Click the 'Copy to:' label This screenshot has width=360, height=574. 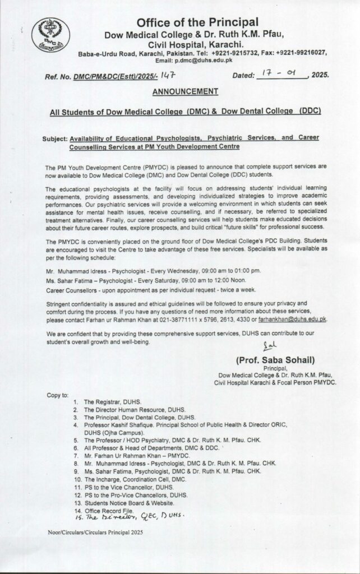click(x=58, y=396)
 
